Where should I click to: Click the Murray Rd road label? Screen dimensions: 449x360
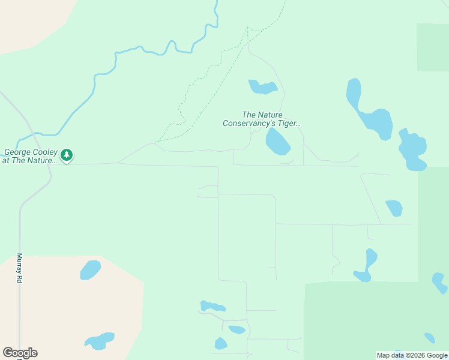(x=19, y=268)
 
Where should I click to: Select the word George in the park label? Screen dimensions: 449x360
(x=17, y=152)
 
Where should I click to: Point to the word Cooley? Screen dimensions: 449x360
(x=44, y=152)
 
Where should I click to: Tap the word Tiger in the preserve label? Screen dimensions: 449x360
(x=288, y=123)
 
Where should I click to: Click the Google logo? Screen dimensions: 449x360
(x=20, y=353)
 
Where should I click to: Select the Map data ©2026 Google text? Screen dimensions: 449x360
(x=412, y=355)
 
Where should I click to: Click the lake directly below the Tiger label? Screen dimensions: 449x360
(x=278, y=142)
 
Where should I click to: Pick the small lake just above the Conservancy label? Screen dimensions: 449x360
(x=262, y=88)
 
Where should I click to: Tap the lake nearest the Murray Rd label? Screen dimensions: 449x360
(x=91, y=269)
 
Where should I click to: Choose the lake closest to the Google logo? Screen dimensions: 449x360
(x=100, y=341)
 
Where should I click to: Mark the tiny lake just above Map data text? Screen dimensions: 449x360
(x=429, y=338)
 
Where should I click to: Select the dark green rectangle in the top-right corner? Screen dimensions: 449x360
(x=433, y=47)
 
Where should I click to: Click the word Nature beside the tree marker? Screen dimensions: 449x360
(x=41, y=161)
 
